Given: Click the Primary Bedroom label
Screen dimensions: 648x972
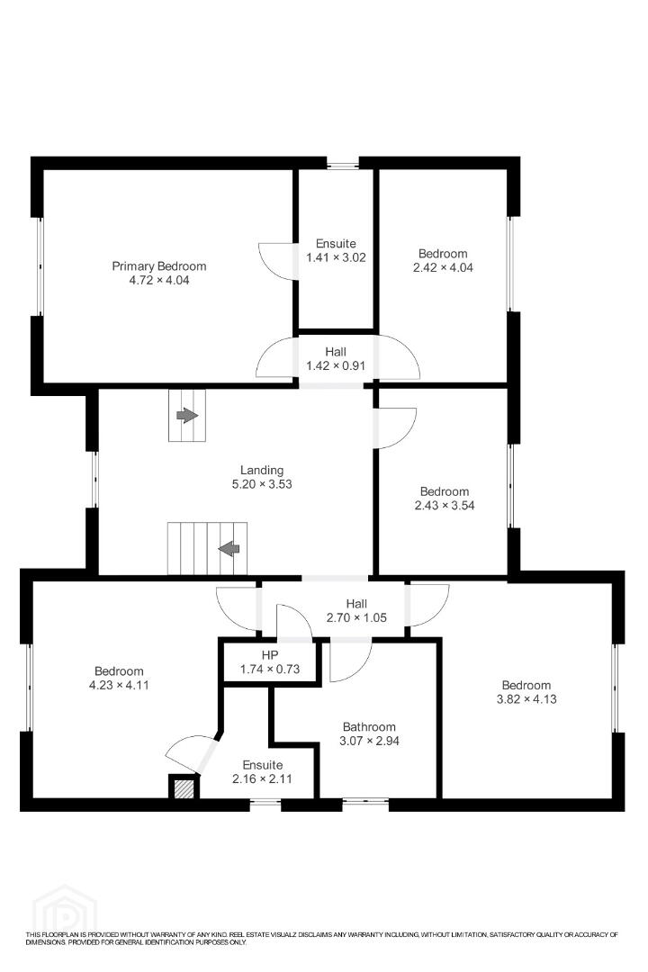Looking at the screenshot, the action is pos(158,265).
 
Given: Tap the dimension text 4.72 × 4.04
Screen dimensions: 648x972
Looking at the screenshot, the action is pos(158,280).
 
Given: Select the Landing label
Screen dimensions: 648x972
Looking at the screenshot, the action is pos(262,471).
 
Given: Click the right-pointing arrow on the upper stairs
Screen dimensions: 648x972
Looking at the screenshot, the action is pos(186,415).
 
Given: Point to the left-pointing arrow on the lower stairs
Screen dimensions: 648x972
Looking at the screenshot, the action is pos(229,548).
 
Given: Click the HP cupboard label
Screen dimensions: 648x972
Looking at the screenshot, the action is pos(270,655).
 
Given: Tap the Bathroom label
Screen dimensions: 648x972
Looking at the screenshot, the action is pos(369,726).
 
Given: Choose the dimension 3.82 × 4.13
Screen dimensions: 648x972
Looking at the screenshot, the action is pos(526,699).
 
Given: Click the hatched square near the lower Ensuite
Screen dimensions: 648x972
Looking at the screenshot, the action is pos(183,788).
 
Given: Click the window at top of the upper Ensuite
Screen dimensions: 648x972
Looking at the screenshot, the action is pos(343,165).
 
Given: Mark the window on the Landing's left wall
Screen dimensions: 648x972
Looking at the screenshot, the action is pos(94,479).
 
